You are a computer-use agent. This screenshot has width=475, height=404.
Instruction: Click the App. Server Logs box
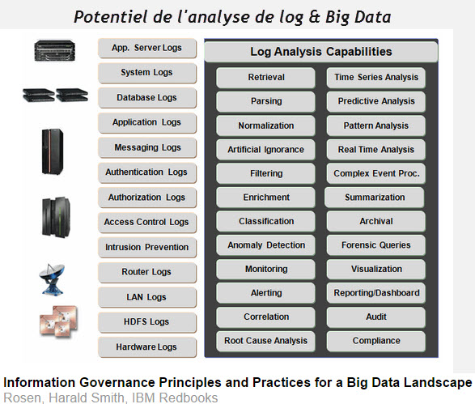(x=147, y=48)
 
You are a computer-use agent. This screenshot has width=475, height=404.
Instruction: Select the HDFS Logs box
(x=147, y=322)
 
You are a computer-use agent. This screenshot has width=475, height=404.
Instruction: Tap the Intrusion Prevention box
(x=147, y=247)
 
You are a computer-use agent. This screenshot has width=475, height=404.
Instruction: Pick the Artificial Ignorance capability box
(x=265, y=150)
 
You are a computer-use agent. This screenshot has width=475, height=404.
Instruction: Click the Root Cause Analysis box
(x=265, y=341)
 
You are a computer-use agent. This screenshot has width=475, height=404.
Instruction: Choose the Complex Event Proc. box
(x=376, y=173)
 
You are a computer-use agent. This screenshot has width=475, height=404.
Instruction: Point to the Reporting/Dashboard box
(x=376, y=293)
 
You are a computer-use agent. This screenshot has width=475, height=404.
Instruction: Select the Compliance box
(x=376, y=341)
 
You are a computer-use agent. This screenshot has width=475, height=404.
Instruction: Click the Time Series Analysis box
(x=376, y=78)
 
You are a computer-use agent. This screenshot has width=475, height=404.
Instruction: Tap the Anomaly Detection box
(x=265, y=245)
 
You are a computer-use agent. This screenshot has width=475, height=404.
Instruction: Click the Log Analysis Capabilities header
(x=321, y=52)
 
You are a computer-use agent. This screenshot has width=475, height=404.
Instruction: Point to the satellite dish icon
(x=52, y=279)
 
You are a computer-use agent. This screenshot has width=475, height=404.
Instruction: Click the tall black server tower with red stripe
(x=53, y=152)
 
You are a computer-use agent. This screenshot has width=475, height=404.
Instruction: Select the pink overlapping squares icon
(x=58, y=321)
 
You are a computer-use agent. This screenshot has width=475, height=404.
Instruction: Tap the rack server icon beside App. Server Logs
(x=54, y=51)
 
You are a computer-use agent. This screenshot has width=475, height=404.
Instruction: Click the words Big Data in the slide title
(x=358, y=17)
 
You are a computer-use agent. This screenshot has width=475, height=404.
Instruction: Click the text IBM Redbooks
(x=175, y=398)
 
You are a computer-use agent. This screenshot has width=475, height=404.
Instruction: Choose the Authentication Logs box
(x=147, y=172)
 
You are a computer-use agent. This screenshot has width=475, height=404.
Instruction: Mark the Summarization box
(x=375, y=198)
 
